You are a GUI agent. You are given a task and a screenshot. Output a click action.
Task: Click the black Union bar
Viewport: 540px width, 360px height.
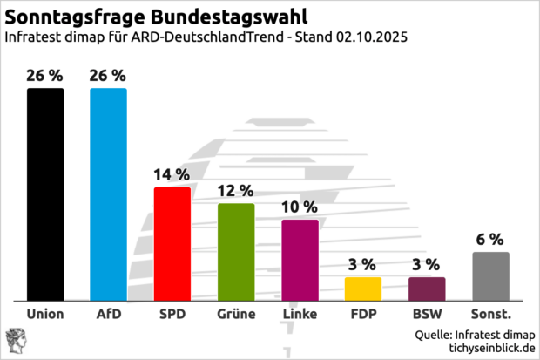(x=45, y=194)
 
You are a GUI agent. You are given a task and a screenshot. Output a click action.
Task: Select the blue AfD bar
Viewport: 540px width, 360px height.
(x=109, y=194)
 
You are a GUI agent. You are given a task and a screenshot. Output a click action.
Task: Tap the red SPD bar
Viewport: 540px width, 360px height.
(x=172, y=243)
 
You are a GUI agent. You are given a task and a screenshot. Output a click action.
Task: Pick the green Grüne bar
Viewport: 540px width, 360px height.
(x=236, y=252)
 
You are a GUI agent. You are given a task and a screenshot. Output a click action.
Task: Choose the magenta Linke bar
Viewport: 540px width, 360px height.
(x=300, y=260)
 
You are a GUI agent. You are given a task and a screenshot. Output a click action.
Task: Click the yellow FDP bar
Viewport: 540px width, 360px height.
(x=363, y=289)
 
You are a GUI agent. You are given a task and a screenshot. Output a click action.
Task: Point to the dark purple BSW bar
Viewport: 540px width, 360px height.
(x=427, y=289)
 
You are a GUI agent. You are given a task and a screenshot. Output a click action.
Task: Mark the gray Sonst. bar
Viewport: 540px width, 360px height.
(x=490, y=276)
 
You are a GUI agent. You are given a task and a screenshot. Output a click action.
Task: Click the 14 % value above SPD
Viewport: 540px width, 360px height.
(x=172, y=174)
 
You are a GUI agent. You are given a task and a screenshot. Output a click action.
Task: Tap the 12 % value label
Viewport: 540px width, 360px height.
(x=236, y=190)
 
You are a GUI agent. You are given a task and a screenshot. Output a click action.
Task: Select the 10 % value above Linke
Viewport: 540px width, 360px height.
(x=300, y=207)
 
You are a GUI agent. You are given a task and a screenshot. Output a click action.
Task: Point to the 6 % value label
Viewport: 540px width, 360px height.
(x=490, y=239)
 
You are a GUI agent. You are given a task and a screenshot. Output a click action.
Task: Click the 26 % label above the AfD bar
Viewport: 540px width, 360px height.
(x=109, y=75)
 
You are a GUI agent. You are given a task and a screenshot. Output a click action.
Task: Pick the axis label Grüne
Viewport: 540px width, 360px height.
(x=236, y=313)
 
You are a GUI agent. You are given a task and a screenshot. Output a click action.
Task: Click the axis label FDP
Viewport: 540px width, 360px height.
(x=363, y=313)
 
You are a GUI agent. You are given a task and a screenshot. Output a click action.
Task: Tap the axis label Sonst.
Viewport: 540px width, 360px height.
(x=490, y=313)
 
